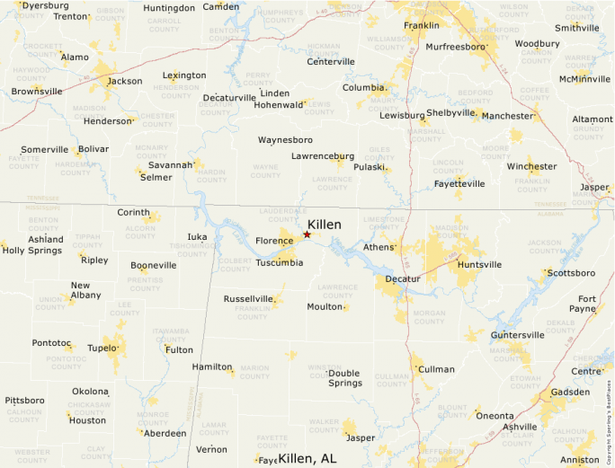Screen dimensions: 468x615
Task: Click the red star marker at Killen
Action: [307, 234]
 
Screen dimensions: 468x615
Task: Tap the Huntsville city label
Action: [479, 265]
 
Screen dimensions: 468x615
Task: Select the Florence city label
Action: [274, 241]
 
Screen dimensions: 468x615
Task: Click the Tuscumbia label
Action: [279, 262]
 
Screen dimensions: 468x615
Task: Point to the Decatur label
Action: [403, 279]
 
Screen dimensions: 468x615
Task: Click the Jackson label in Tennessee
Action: [125, 81]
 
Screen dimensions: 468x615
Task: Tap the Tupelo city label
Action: [102, 348]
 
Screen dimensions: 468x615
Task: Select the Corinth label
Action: [134, 212]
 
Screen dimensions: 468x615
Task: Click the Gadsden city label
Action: [570, 393]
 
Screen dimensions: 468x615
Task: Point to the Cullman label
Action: [437, 369]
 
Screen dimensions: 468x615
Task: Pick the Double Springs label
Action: [344, 378]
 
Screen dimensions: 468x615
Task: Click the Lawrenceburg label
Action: [323, 156]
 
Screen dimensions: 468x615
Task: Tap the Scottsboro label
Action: [572, 272]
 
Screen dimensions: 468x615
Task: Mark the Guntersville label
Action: [518, 335]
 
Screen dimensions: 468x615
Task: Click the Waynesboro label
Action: [285, 140]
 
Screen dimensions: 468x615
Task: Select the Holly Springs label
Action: [31, 251]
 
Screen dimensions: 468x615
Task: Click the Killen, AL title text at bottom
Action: [307, 458]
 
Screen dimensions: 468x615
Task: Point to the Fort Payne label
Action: [587, 304]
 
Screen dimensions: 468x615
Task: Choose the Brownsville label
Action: [37, 91]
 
